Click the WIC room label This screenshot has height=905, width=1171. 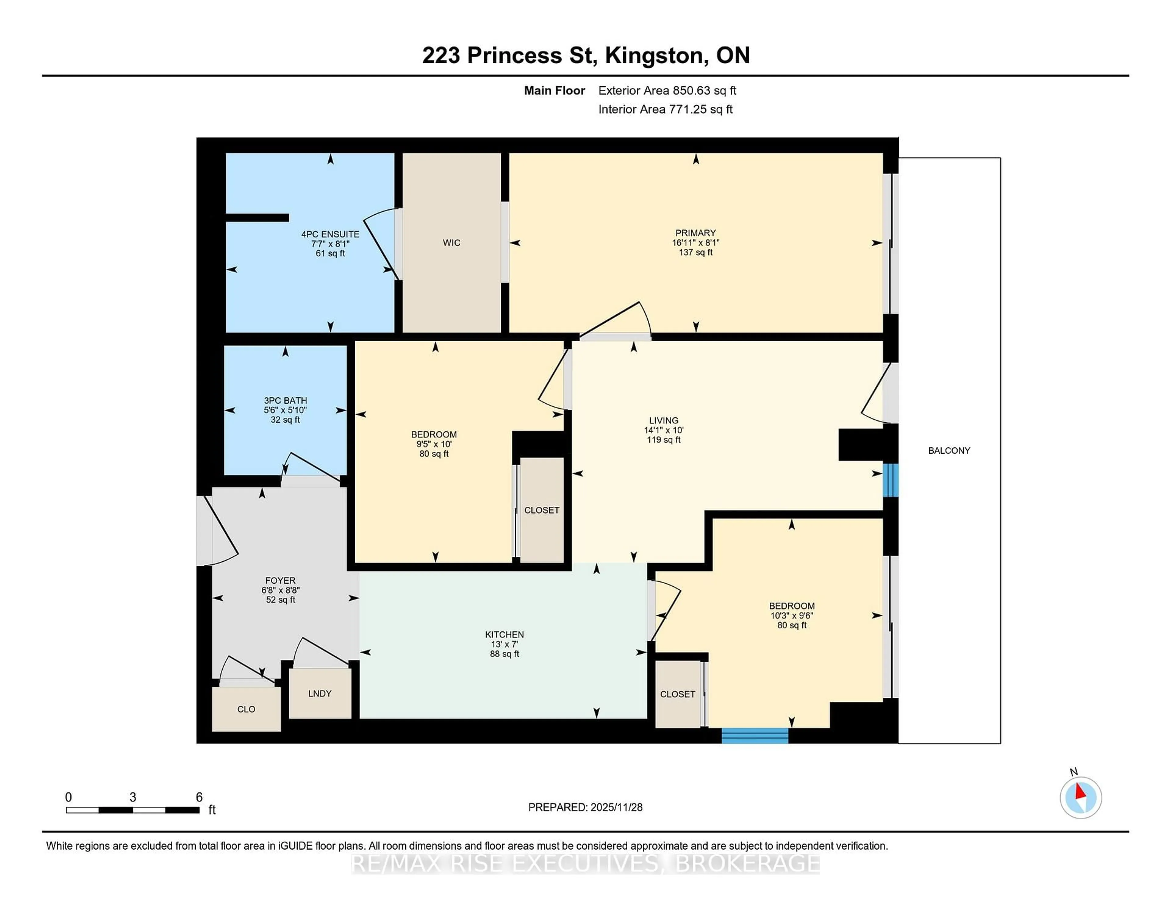pos(451,243)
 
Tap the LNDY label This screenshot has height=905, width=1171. pos(320,693)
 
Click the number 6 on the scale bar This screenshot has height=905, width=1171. pos(199,797)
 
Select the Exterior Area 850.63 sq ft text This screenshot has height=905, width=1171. pos(667,91)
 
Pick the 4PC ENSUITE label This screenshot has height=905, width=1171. pos(330,234)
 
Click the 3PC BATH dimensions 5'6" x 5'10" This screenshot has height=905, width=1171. pos(285,410)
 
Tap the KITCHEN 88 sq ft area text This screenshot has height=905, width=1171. pos(505,654)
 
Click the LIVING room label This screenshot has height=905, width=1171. pos(664,421)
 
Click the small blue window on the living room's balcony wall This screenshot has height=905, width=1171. pos(890,480)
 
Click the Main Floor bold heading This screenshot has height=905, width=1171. pos(554,91)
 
